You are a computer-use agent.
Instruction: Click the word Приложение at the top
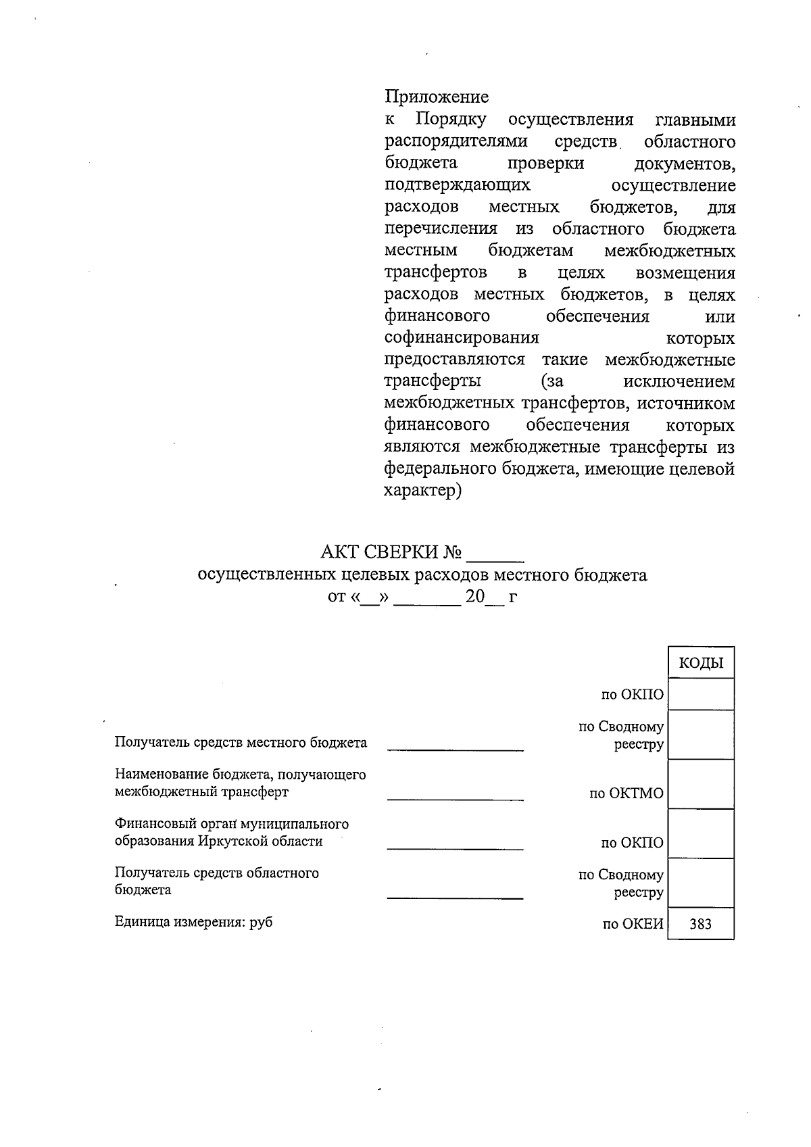tap(436, 97)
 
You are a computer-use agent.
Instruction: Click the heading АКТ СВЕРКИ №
tap(391, 553)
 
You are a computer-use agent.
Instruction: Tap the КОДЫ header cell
tap(700, 663)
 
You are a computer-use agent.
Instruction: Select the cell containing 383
tap(700, 924)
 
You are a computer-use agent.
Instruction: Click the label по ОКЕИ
tap(633, 924)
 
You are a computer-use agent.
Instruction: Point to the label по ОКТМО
tap(626, 794)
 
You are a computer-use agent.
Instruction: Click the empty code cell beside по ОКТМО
tap(700, 785)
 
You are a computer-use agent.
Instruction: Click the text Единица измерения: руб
tap(193, 922)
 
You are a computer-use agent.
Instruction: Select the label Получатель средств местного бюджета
tap(241, 743)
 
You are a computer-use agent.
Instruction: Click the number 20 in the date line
tap(475, 597)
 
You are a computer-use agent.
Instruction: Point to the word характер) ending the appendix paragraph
tap(422, 491)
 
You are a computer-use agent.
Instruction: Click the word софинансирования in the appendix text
tap(462, 337)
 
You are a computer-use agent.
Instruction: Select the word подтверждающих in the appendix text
tap(457, 185)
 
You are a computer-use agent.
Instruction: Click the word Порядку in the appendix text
tap(451, 120)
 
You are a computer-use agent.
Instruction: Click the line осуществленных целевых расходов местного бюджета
tap(422, 575)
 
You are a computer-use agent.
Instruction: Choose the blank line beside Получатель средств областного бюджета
tap(455, 897)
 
